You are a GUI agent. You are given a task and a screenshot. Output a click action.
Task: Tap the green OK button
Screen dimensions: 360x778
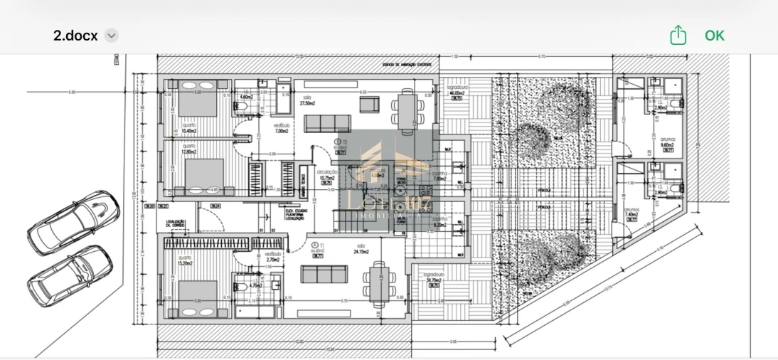click(714, 35)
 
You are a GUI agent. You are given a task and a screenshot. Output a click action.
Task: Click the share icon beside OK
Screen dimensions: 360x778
click(678, 35)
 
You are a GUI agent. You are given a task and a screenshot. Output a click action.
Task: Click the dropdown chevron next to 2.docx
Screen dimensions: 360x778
click(112, 35)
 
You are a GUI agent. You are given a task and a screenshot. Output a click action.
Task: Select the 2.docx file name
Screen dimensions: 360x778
click(75, 35)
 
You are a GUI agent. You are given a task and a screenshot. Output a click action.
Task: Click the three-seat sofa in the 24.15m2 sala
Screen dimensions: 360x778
click(324, 275)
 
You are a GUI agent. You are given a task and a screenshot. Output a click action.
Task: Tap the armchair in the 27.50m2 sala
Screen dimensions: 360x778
click(369, 105)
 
